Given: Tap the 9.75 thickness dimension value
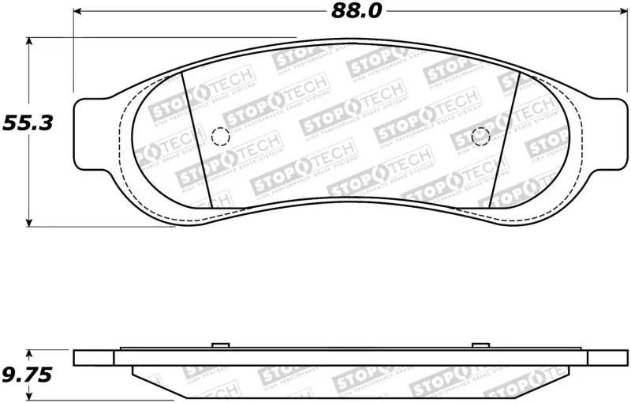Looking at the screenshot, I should click(26, 375).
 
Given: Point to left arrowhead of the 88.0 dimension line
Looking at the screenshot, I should click(79, 11).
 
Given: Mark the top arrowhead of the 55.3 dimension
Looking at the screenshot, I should click(29, 42).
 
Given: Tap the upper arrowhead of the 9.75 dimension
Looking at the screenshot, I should click(29, 354).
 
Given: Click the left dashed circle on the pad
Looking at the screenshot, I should click(221, 137).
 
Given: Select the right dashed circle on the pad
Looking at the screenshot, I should click(480, 136).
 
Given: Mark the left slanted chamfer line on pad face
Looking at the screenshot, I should click(194, 138).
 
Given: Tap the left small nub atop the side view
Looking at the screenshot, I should click(221, 345).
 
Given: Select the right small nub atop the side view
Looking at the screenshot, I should click(480, 345).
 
